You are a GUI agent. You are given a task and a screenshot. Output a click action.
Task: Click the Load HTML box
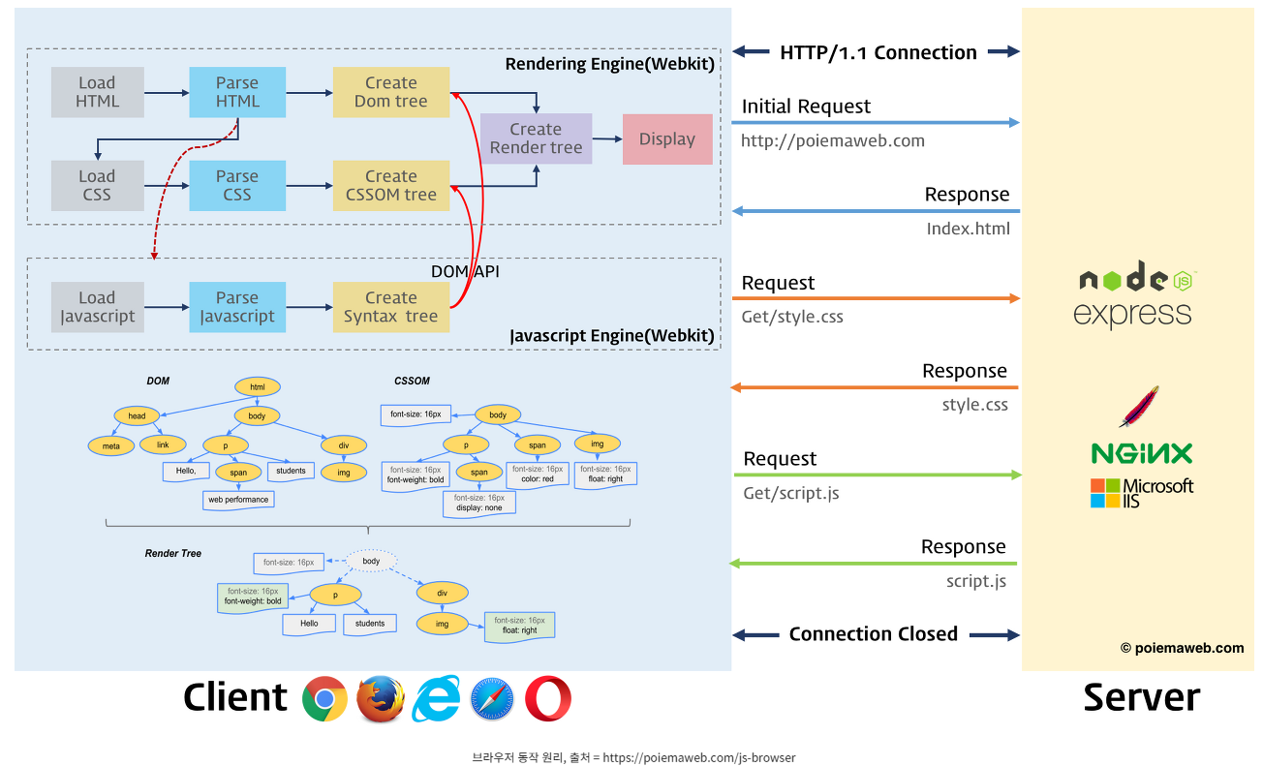pyautogui.click(x=97, y=92)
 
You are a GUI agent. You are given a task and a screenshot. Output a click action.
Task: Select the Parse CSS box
pyautogui.click(x=237, y=185)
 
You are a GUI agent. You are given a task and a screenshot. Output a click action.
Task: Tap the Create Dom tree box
pyautogui.click(x=391, y=92)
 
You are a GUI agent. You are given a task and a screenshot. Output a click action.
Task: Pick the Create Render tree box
pyautogui.click(x=536, y=138)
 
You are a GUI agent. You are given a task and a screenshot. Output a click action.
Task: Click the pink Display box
pyautogui.click(x=667, y=138)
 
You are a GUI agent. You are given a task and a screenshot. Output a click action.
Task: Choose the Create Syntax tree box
pyautogui.click(x=391, y=307)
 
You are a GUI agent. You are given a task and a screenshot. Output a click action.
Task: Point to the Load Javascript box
pyautogui.click(x=97, y=307)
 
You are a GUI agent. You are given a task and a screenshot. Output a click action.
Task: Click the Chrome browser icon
pyautogui.click(x=324, y=699)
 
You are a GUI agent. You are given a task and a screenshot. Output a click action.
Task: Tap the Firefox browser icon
pyautogui.click(x=380, y=699)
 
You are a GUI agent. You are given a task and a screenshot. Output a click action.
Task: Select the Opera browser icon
pyautogui.click(x=548, y=699)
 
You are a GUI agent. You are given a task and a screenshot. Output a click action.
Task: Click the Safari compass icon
pyautogui.click(x=492, y=699)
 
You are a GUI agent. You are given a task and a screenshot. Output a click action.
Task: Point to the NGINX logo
pyautogui.click(x=1141, y=453)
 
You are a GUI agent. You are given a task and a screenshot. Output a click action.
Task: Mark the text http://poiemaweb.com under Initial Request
pyautogui.click(x=832, y=140)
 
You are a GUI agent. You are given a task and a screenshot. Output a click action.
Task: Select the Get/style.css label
pyautogui.click(x=792, y=317)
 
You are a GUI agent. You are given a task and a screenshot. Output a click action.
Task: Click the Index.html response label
pyautogui.click(x=968, y=229)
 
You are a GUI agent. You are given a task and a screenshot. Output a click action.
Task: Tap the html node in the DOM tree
pyautogui.click(x=258, y=387)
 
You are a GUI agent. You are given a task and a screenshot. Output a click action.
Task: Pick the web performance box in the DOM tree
pyautogui.click(x=238, y=500)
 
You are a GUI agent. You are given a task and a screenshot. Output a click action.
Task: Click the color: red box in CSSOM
pyautogui.click(x=537, y=474)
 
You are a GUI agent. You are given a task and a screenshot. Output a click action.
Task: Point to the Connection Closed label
pyautogui.click(x=873, y=634)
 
